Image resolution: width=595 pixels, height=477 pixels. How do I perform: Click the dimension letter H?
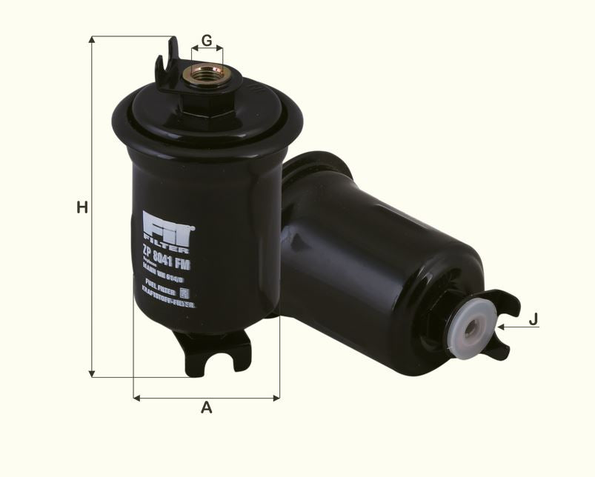point(82,207)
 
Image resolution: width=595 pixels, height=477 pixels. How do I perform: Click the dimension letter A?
point(207,407)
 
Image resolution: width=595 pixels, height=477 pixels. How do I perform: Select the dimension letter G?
point(207,40)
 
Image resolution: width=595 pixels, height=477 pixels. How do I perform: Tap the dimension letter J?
point(533,320)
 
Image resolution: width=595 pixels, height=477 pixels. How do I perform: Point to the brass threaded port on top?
point(207,74)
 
